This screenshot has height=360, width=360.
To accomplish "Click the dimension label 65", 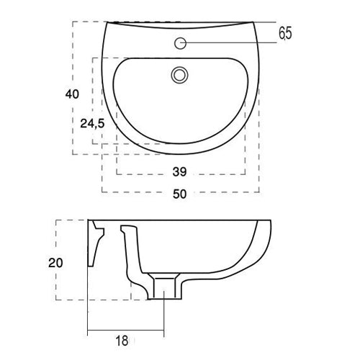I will tap(285, 33).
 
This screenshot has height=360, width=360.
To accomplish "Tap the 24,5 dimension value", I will tap(92, 124).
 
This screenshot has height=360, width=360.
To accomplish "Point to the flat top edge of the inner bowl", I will tap(180, 58).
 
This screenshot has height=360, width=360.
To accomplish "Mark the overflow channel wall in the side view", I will tap(132, 252).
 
